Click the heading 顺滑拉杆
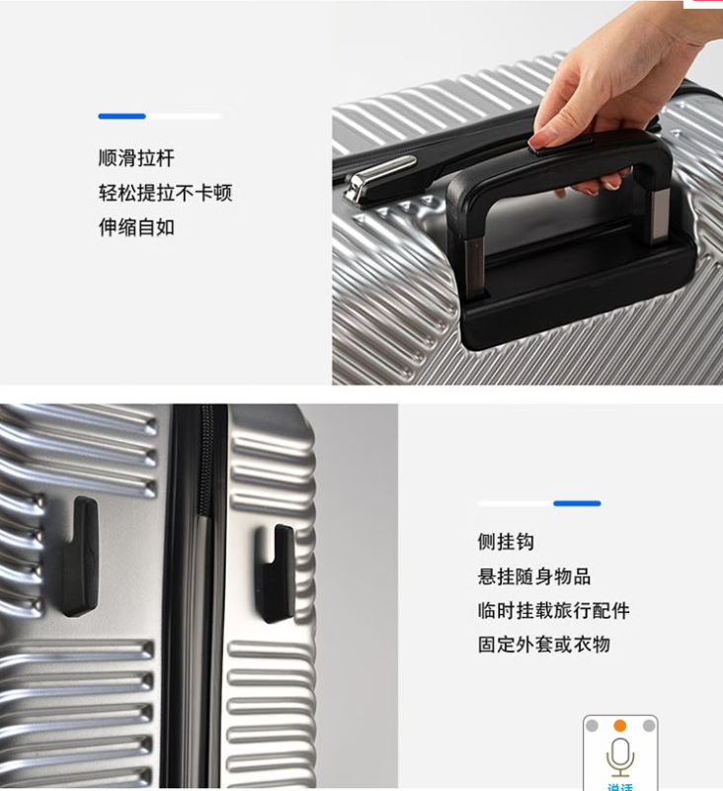[x=136, y=158]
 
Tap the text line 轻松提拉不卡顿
[x=165, y=193]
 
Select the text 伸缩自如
[x=136, y=227]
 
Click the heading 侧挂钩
[x=506, y=542]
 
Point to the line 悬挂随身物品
[x=534, y=576]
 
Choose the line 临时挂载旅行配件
[x=554, y=610]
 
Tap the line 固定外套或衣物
[x=544, y=645]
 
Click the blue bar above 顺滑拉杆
[x=121, y=116]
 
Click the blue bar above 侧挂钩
[x=577, y=503]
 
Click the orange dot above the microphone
[x=620, y=726]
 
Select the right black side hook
[x=277, y=573]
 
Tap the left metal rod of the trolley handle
[x=476, y=266]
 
